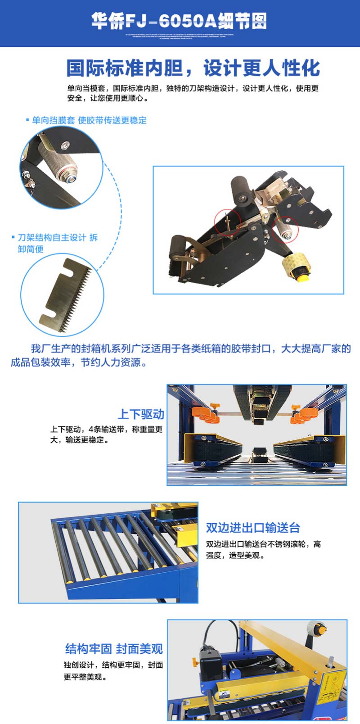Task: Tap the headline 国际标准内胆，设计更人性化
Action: coord(193,68)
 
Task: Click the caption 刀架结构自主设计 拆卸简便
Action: coord(57,243)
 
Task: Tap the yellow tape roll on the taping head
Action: coord(297,268)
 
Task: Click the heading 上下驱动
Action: coord(141,414)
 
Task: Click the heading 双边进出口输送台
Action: coord(253,527)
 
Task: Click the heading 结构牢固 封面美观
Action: coord(114,648)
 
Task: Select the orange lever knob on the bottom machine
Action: coord(195,662)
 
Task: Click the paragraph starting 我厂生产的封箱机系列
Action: coord(180,355)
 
